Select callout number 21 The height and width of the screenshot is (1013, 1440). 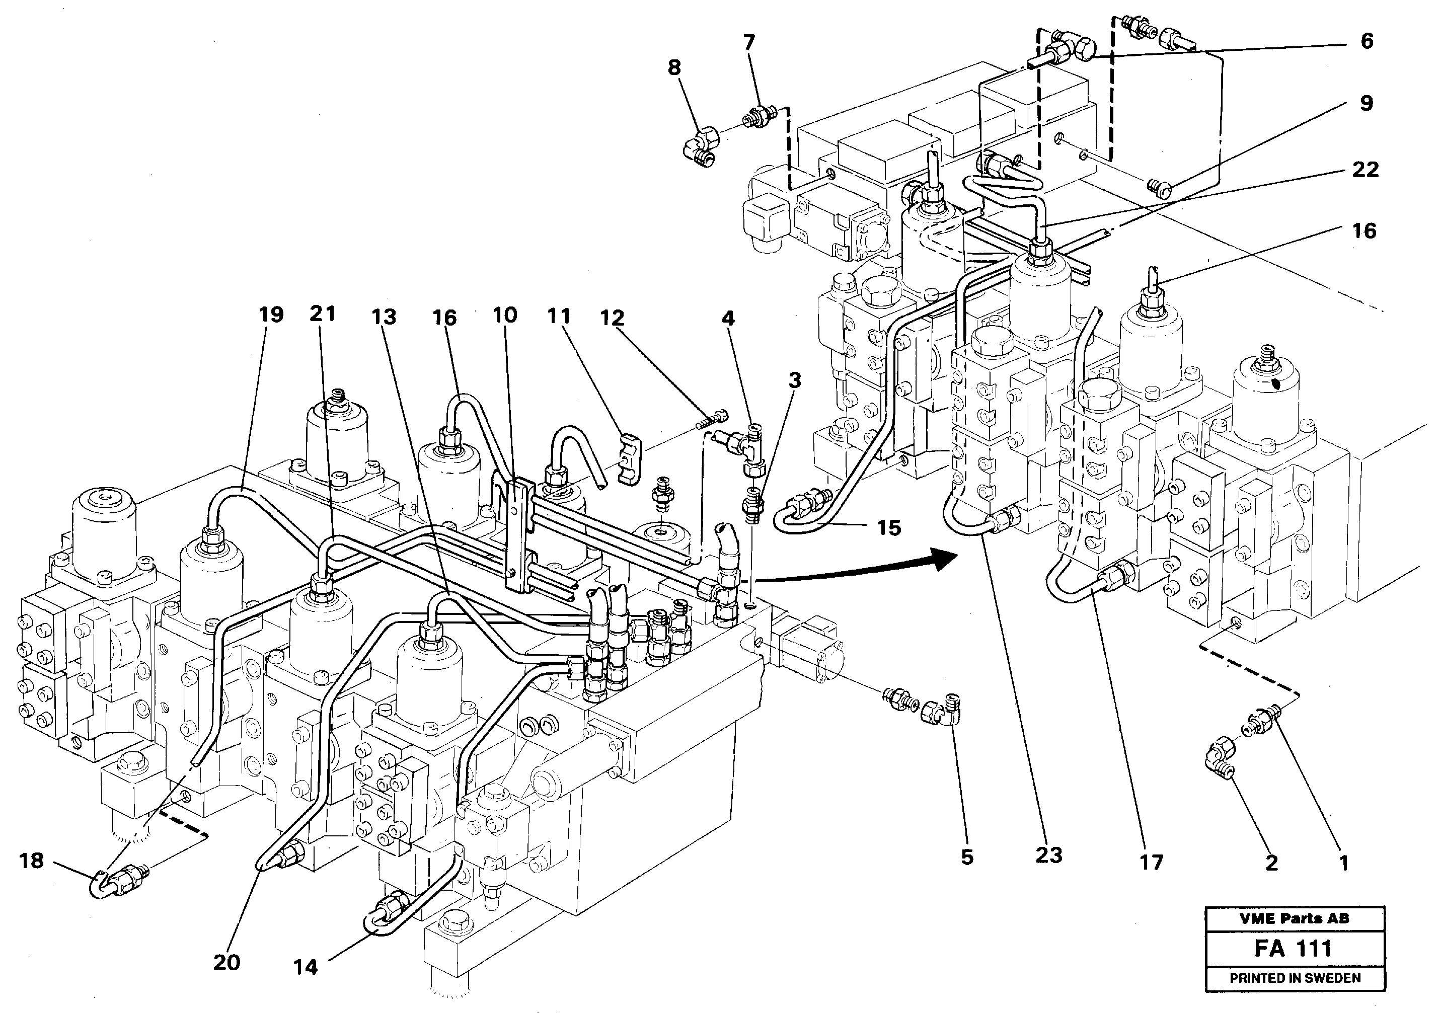322,313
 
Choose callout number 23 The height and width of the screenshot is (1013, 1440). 1048,855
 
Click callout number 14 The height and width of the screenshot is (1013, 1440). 306,967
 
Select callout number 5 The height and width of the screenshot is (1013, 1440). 966,857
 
